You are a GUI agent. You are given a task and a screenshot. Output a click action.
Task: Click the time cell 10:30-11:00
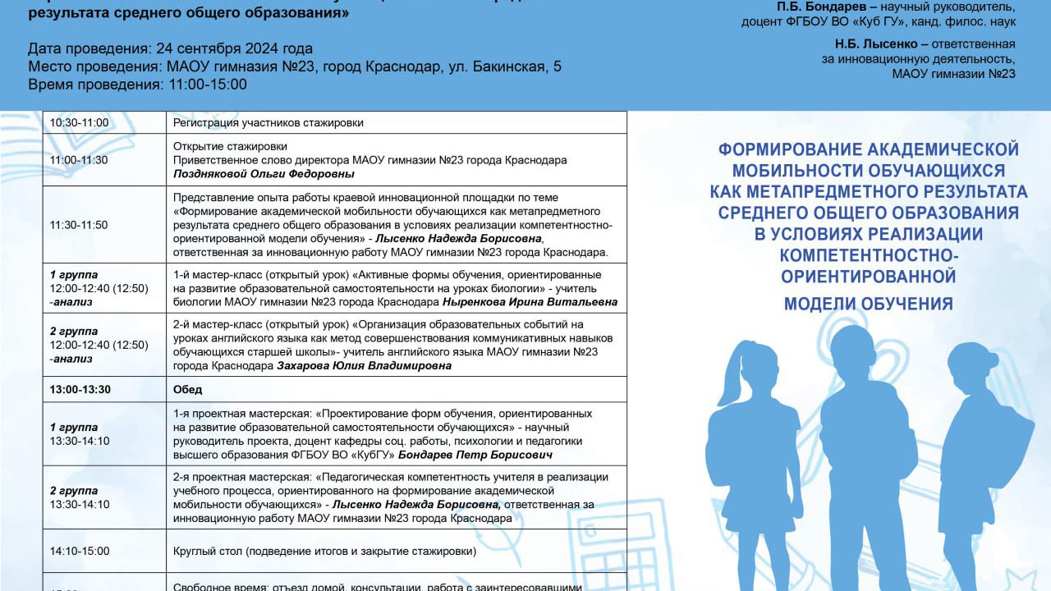79,123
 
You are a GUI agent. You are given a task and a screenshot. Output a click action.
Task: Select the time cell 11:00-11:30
79,160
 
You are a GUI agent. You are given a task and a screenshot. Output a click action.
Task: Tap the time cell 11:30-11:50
79,225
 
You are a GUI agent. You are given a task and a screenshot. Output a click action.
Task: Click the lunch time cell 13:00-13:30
80,389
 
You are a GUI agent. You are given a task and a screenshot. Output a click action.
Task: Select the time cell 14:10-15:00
80,551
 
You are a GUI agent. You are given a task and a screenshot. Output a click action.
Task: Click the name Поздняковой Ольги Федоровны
264,174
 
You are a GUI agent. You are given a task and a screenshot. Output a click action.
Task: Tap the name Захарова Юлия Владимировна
365,365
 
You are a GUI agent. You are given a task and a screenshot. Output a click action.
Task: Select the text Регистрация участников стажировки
268,123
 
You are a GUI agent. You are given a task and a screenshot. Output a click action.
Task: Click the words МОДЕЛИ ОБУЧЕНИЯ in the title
868,304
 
